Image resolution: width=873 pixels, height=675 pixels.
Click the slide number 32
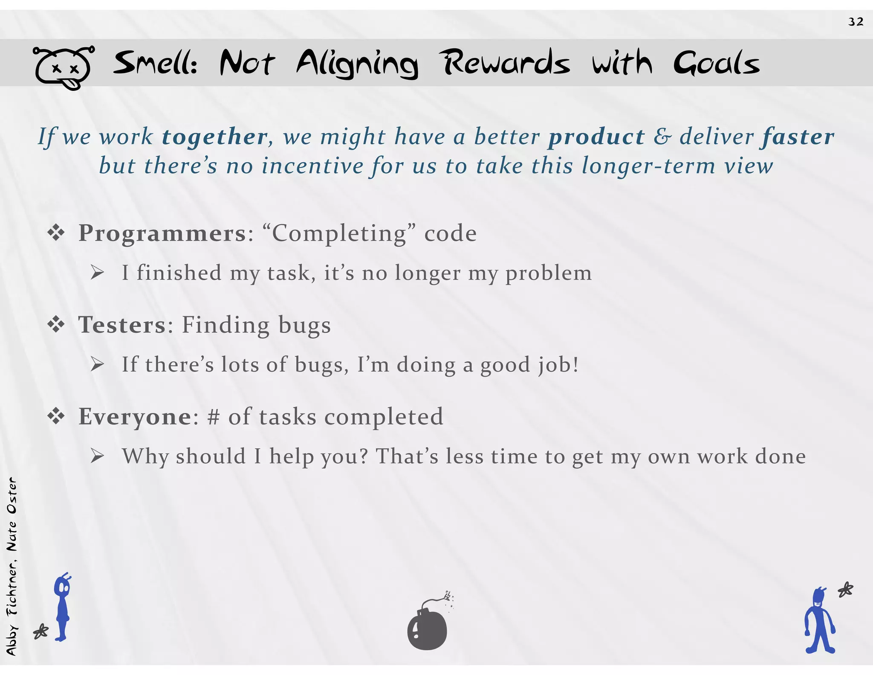click(856, 22)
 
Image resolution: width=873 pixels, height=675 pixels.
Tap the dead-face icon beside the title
click(63, 68)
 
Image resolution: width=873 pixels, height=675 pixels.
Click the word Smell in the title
click(155, 64)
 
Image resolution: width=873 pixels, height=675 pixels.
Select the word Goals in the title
click(717, 64)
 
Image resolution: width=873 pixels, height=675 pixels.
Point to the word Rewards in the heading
click(505, 63)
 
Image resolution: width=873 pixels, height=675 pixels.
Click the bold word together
click(215, 137)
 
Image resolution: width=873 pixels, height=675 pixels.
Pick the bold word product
click(596, 137)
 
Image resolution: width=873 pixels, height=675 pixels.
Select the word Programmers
click(162, 233)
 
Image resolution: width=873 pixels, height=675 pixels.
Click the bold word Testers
click(121, 325)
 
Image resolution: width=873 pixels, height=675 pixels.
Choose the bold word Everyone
click(135, 417)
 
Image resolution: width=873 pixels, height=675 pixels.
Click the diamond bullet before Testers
click(56, 325)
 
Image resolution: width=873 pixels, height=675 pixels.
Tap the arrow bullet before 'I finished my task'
click(97, 273)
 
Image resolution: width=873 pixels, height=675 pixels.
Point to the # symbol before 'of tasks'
click(213, 417)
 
